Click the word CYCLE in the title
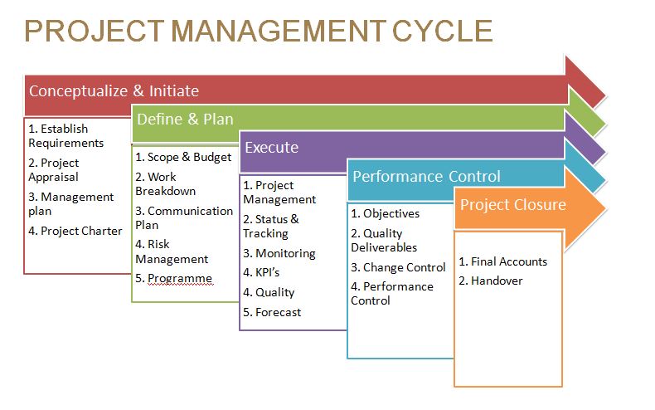pyautogui.click(x=443, y=31)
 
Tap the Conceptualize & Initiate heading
pyautogui.click(x=114, y=90)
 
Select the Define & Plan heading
pyautogui.click(x=185, y=120)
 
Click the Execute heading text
pyautogui.click(x=271, y=147)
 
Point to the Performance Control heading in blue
pyautogui.click(x=426, y=176)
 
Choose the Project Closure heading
pyautogui.click(x=513, y=204)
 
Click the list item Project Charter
pyautogui.click(x=75, y=231)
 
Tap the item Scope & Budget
pyautogui.click(x=183, y=158)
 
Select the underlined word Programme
pyautogui.click(x=180, y=278)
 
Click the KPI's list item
pyautogui.click(x=261, y=272)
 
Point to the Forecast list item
pyautogui.click(x=272, y=312)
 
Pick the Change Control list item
pyautogui.click(x=398, y=267)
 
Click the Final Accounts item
pyautogui.click(x=503, y=261)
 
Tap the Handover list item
pyautogui.click(x=490, y=281)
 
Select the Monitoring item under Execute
pyautogui.click(x=279, y=253)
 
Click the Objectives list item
pyautogui.click(x=386, y=214)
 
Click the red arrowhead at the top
pyautogui.click(x=585, y=82)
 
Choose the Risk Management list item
pyautogui.click(x=172, y=251)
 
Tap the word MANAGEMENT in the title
pyautogui.click(x=279, y=31)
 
